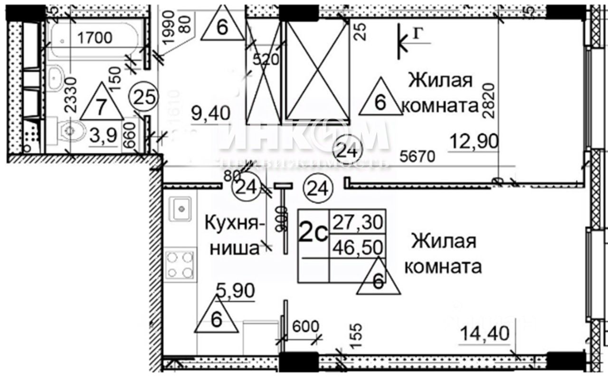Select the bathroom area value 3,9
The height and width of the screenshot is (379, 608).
(x=103, y=136)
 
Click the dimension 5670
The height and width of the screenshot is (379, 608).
(x=418, y=157)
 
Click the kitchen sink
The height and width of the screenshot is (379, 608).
(x=181, y=208)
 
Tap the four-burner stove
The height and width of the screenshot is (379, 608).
(x=180, y=265)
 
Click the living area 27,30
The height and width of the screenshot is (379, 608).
(x=359, y=221)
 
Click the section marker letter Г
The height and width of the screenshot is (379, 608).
(x=417, y=33)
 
